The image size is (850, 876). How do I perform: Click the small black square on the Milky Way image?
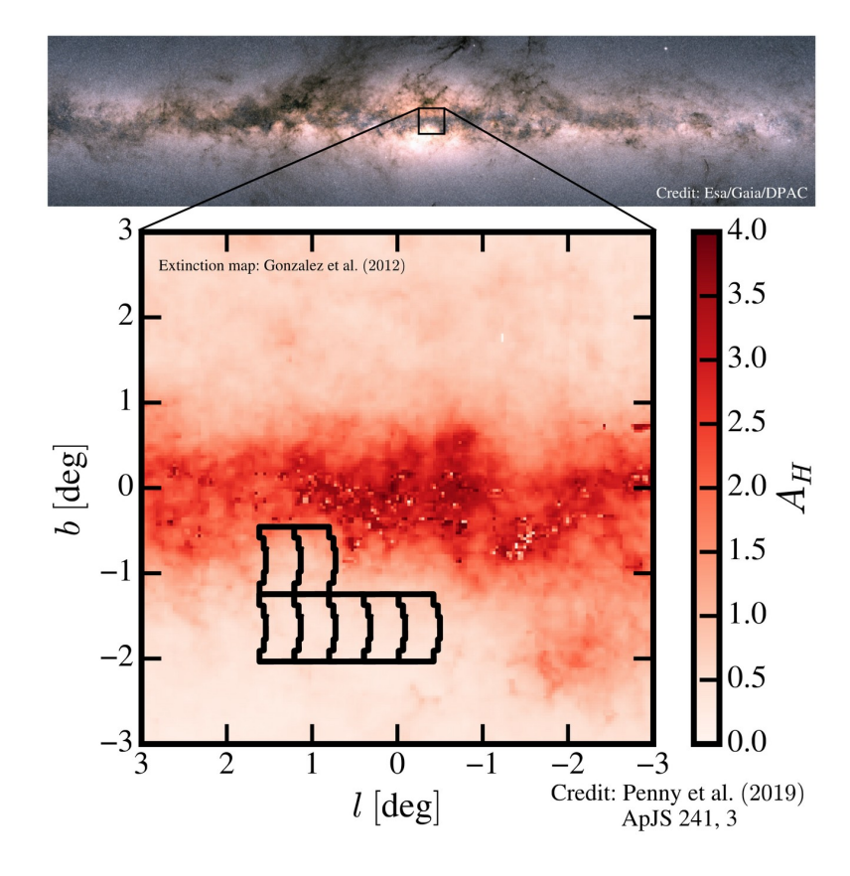[430, 121]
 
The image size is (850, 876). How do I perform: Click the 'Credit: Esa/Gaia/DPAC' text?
[733, 193]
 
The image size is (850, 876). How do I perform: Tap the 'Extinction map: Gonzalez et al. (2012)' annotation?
[281, 265]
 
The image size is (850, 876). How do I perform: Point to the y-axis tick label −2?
[118, 658]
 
